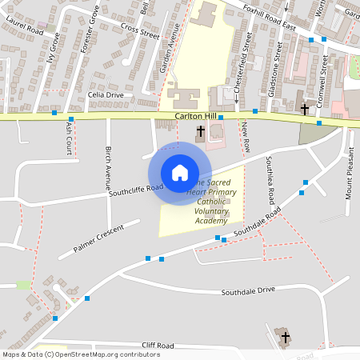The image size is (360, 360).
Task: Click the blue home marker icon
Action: [x=180, y=173]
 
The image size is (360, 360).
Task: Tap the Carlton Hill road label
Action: [x=195, y=118]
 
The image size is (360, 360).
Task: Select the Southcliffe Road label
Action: [x=136, y=190]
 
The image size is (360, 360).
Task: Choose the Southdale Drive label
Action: [x=248, y=290]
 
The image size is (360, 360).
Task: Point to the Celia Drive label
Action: [x=106, y=94]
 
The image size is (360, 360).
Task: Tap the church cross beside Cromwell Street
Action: [x=305, y=108]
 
